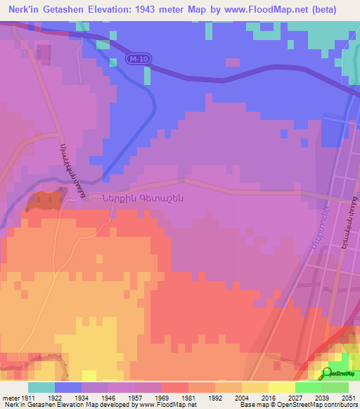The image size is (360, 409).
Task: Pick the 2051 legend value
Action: (x=347, y=397)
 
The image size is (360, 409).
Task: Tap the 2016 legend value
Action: (x=267, y=397)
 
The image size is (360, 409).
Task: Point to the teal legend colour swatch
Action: (x=41, y=387)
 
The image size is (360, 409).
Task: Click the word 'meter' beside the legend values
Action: (x=10, y=397)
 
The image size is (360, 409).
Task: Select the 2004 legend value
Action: (x=241, y=397)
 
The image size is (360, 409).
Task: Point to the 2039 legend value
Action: (x=321, y=397)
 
